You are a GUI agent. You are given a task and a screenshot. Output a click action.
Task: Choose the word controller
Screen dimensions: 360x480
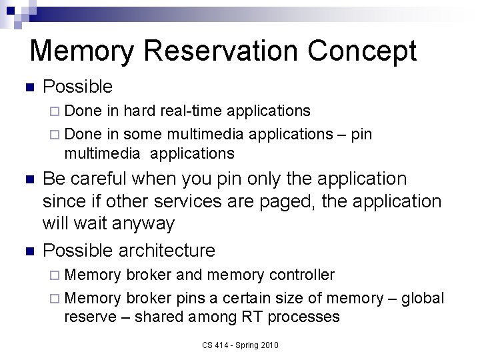(303, 275)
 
